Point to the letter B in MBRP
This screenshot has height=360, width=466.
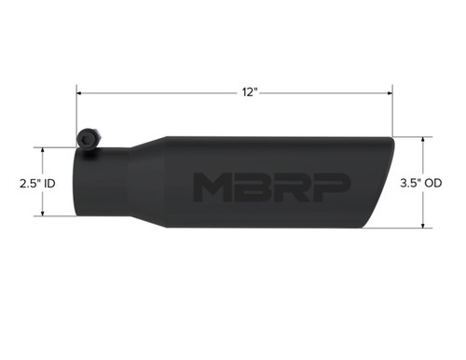pos(250,187)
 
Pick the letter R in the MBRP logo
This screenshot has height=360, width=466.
pos(288,187)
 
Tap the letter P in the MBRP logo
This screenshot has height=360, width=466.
pos(327,187)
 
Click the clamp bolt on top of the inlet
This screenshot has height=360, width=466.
pos(87,138)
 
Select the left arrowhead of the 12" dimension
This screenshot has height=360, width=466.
pos(81,93)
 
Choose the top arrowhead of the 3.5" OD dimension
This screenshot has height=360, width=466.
pos(425,141)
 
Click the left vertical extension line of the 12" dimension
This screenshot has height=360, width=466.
pos(77,112)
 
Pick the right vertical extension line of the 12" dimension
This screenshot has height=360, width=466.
pos(391,112)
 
